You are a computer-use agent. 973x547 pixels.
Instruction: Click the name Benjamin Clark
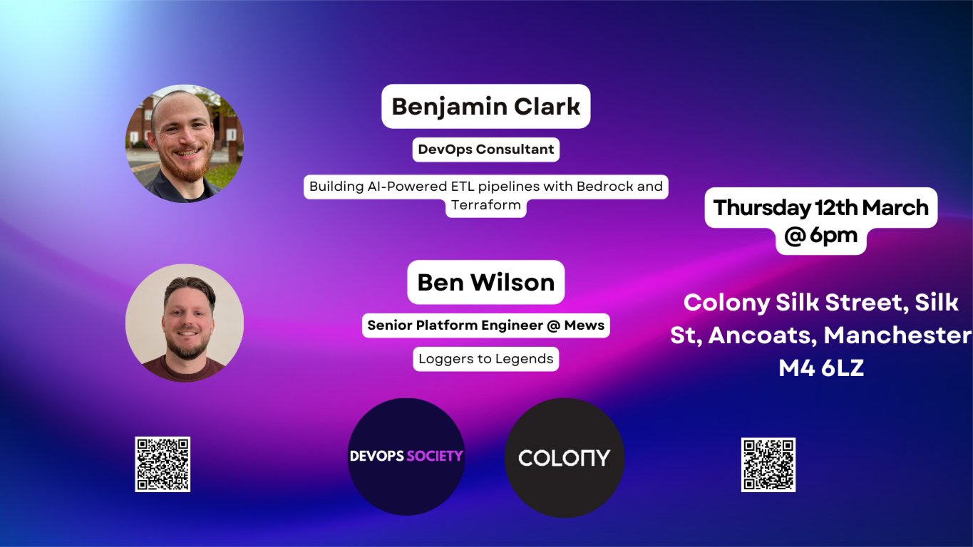click(485, 107)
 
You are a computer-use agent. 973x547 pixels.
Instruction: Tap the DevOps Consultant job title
click(485, 150)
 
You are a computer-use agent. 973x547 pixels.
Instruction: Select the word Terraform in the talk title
click(485, 206)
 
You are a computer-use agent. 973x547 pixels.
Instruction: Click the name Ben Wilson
click(485, 282)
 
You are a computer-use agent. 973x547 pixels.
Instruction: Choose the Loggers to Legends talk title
click(485, 359)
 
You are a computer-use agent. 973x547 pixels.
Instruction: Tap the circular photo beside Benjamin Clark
click(185, 144)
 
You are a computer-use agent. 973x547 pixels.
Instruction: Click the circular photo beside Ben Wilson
click(185, 323)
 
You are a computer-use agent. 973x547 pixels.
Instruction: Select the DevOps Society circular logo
click(406, 457)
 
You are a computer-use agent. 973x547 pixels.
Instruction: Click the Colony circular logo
click(564, 457)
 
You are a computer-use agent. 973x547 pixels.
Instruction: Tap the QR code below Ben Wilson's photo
click(163, 464)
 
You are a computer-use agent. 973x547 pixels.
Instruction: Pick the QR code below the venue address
click(768, 464)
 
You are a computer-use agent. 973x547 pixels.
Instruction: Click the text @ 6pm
click(820, 236)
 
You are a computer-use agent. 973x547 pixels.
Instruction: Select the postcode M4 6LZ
click(821, 368)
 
